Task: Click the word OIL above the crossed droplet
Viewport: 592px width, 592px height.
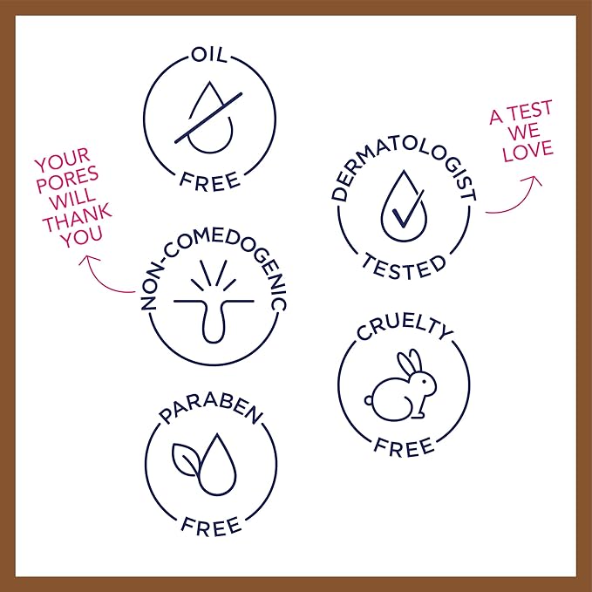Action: click(209, 55)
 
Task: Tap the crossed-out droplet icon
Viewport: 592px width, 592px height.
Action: click(208, 118)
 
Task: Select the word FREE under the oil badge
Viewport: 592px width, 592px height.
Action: click(210, 180)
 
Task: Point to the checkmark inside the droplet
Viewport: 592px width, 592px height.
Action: click(408, 208)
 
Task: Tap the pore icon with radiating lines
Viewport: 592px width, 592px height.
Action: click(214, 301)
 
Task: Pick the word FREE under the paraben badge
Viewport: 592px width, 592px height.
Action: click(211, 526)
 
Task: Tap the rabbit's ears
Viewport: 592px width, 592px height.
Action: click(410, 363)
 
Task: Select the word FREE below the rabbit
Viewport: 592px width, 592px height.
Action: click(404, 447)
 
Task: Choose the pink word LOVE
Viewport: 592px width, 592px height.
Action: click(527, 150)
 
